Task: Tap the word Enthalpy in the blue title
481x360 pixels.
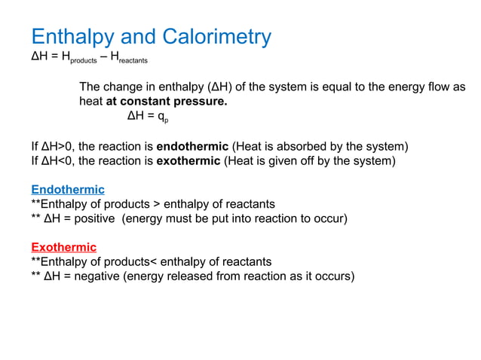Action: (x=69, y=36)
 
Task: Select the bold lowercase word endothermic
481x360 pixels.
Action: (x=191, y=145)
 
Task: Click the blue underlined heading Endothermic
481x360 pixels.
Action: (x=67, y=189)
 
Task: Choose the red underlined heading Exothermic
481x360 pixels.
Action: (x=63, y=247)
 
